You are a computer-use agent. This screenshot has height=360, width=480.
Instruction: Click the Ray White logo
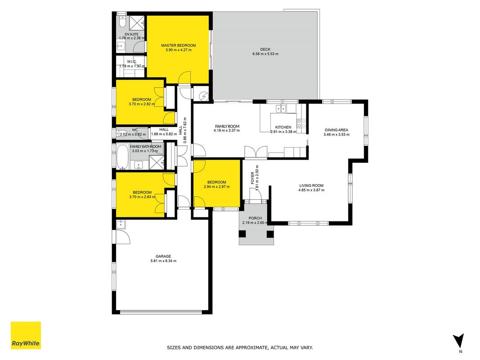point(26,335)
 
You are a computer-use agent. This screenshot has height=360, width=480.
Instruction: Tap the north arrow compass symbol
point(459,341)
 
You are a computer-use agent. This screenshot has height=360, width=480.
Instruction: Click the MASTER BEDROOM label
point(179,45)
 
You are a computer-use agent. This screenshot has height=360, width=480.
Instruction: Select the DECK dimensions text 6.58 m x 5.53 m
point(265,54)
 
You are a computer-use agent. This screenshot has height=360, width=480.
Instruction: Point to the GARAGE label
point(163,256)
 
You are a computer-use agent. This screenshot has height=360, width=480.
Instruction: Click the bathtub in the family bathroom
point(123,157)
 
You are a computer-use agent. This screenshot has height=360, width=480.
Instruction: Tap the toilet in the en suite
point(122,21)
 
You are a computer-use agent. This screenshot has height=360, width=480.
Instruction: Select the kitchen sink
point(281,108)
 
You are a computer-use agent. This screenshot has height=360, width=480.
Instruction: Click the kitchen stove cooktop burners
point(301,123)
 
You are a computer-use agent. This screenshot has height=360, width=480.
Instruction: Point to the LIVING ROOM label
point(311,185)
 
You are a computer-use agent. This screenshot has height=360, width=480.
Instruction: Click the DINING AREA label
point(336,130)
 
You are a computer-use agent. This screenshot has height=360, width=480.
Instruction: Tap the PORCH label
point(255,218)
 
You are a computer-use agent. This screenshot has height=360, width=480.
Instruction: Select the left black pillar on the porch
point(242,234)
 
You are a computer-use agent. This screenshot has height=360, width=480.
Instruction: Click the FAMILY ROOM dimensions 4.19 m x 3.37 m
point(227,130)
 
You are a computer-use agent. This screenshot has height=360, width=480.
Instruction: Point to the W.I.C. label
point(132,62)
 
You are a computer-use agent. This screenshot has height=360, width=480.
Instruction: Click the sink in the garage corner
point(121,225)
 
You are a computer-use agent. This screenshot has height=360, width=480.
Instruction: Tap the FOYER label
point(252,178)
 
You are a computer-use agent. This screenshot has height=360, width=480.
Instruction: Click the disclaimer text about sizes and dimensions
point(240,347)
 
